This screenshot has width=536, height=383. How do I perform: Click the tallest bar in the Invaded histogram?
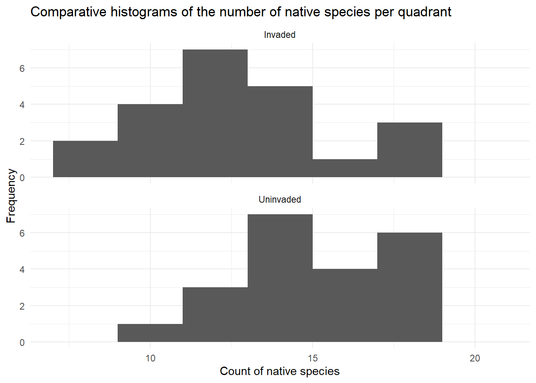coord(215,113)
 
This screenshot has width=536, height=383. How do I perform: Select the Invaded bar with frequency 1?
coord(345,168)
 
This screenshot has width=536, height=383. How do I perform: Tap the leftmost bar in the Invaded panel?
coord(85,159)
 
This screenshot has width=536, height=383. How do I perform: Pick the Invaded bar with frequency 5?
coord(280,132)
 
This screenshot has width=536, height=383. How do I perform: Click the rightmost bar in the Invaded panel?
coord(410,150)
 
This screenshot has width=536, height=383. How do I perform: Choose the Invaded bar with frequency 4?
coord(150,141)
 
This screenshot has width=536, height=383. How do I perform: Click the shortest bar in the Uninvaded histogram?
coord(150,333)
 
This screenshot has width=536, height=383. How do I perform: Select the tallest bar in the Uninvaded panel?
coord(280,278)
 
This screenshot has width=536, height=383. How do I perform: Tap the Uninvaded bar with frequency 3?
coord(215,315)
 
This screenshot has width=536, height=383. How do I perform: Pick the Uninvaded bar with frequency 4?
coord(345,306)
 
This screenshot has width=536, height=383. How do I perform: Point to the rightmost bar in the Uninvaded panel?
coord(410,287)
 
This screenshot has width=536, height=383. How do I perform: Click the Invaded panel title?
coord(280,35)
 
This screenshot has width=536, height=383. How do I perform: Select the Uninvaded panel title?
coord(280,199)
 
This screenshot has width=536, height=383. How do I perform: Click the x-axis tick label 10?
coord(150,358)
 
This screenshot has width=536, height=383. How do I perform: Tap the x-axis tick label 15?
coord(313,358)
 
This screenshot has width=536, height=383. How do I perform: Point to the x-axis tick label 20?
coord(475,358)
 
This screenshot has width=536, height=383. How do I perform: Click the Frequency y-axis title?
coord(11,195)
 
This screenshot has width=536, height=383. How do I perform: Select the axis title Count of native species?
coord(280,371)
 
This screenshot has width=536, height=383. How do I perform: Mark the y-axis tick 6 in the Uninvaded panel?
coord(22,233)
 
